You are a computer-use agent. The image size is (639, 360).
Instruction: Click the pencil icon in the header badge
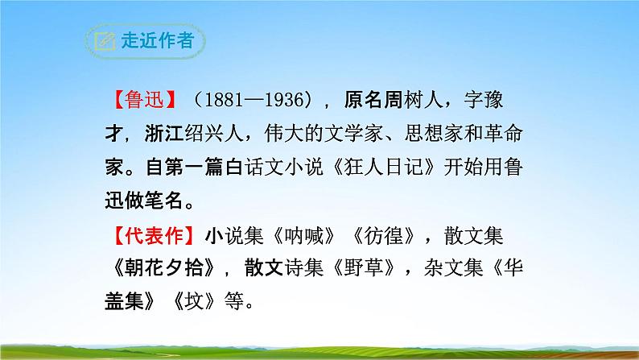(105, 40)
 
